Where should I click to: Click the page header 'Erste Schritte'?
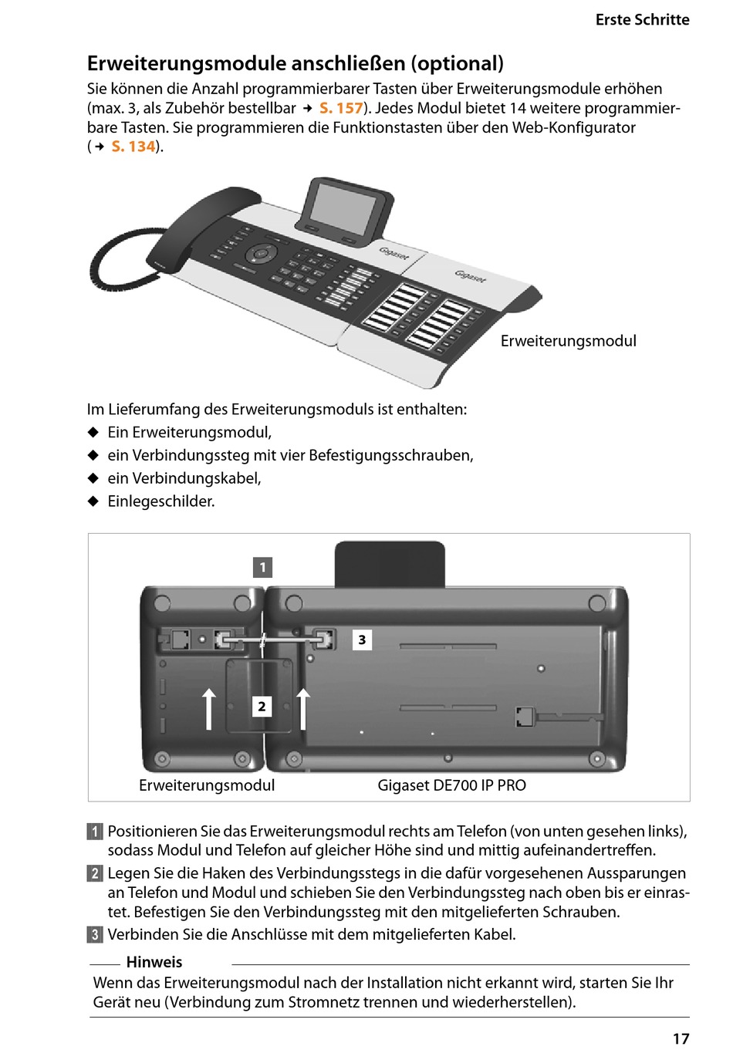tap(642, 20)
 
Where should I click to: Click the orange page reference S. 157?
tap(341, 108)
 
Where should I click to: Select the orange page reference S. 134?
tap(133, 147)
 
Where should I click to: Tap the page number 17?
tap(681, 1038)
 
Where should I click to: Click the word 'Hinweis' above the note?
tap(154, 962)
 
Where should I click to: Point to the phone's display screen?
tap(343, 202)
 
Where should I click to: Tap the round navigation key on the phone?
tap(261, 253)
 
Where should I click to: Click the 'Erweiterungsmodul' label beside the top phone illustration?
tap(568, 341)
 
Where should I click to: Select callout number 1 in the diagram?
tap(262, 568)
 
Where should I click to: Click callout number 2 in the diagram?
tap(262, 706)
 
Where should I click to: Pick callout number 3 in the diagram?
tap(362, 640)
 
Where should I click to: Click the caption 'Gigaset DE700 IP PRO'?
tap(451, 785)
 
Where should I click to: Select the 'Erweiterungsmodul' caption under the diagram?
tap(207, 785)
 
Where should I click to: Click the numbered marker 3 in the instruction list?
tap(95, 935)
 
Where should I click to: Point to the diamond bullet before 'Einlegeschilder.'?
tap(93, 501)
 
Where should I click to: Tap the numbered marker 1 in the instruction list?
tap(95, 832)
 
